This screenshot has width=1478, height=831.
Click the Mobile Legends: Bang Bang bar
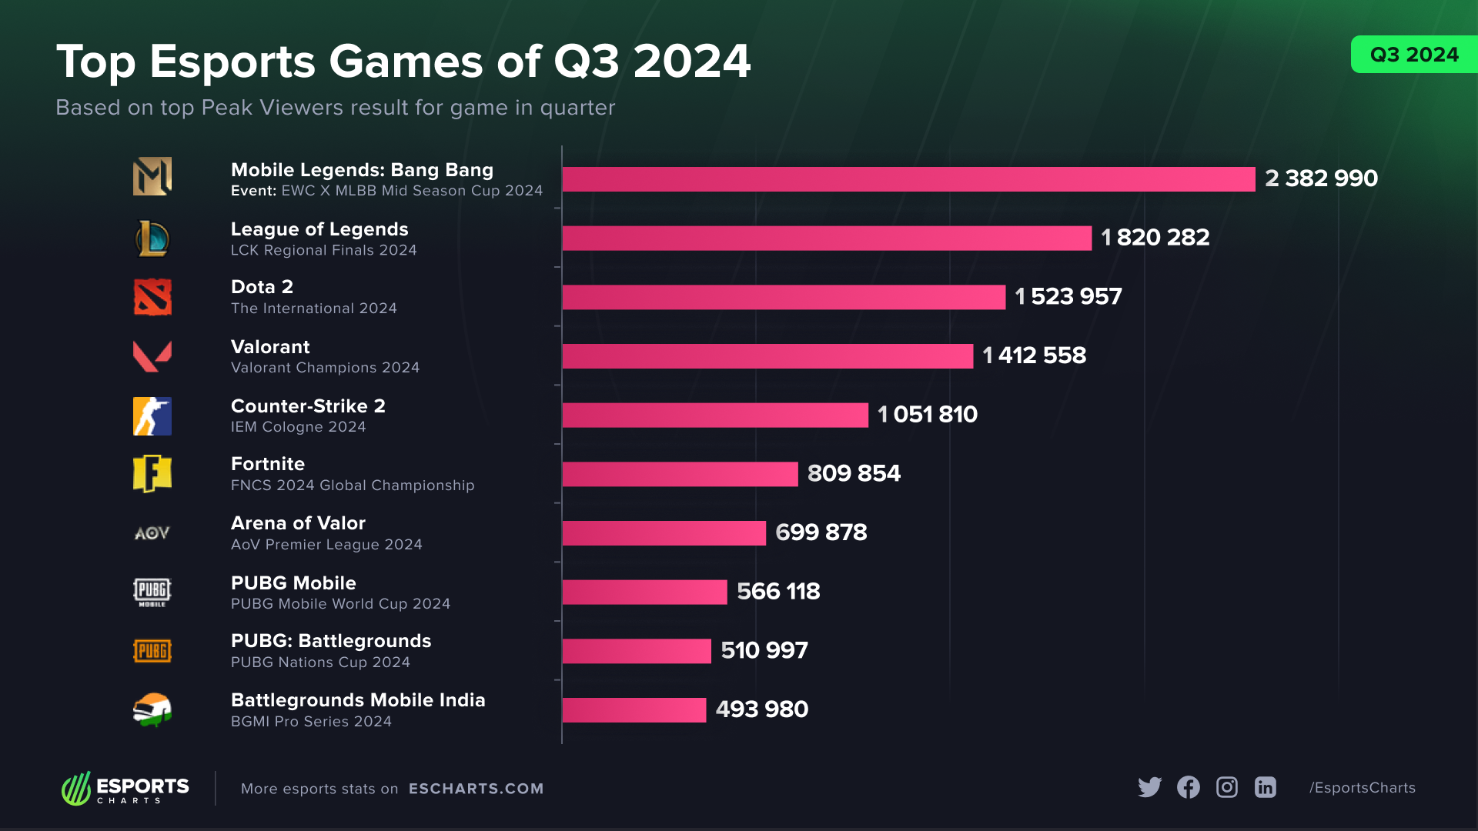click(x=908, y=179)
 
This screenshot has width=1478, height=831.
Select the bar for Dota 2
click(x=784, y=297)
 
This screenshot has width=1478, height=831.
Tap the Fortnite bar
click(x=680, y=474)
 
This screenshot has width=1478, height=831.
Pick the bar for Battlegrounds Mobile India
click(x=634, y=710)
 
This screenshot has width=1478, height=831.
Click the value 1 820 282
click(x=1155, y=238)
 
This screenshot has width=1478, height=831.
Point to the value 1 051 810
click(x=927, y=415)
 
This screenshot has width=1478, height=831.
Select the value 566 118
click(x=777, y=592)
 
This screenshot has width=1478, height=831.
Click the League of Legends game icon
click(x=152, y=239)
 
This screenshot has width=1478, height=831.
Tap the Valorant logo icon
click(x=152, y=356)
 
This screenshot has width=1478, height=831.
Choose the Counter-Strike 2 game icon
click(x=152, y=416)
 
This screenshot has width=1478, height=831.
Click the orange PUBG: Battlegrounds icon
click(x=152, y=651)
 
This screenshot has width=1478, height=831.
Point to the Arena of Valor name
click(x=298, y=523)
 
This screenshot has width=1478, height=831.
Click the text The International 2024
click(x=313, y=309)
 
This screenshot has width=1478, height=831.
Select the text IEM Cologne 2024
click(x=298, y=427)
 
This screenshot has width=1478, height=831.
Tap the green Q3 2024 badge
click(x=1414, y=55)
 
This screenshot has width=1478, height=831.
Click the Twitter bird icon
click(x=1149, y=787)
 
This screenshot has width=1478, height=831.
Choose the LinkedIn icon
click(x=1265, y=787)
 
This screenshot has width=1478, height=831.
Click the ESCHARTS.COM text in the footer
click(x=476, y=789)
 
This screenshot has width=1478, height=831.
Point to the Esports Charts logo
click(x=125, y=789)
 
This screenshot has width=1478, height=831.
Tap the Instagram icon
click(x=1226, y=787)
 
